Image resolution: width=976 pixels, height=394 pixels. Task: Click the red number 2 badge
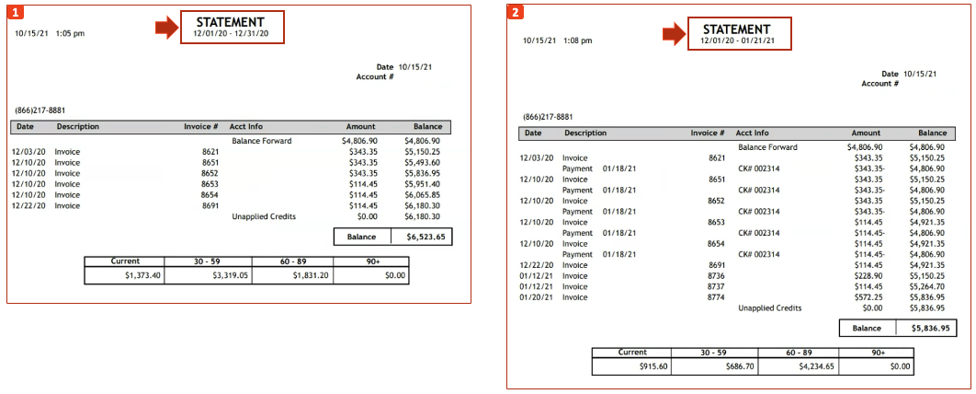pos(516,13)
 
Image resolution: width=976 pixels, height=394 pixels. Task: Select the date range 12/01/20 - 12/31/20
pos(231,33)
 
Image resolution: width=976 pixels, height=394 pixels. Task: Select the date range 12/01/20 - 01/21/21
pos(737,41)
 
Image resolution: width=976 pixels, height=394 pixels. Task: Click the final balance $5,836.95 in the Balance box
pos(930,327)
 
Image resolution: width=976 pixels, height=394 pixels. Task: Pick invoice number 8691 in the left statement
pos(210,206)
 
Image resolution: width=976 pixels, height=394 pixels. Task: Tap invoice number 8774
pos(717,297)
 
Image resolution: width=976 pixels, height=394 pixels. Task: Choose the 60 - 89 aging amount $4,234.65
pos(809,366)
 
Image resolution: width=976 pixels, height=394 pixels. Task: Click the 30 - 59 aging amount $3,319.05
pos(230,275)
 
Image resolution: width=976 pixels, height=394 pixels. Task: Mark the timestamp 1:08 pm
pos(577,41)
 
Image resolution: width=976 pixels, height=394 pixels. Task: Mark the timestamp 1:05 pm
pos(70,33)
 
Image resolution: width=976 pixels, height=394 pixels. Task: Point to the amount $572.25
pos(868,297)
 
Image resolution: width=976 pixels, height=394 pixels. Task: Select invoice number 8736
pos(717,275)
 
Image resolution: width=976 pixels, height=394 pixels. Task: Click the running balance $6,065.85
pos(422,195)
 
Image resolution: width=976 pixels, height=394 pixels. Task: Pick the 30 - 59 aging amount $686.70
pos(735,366)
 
